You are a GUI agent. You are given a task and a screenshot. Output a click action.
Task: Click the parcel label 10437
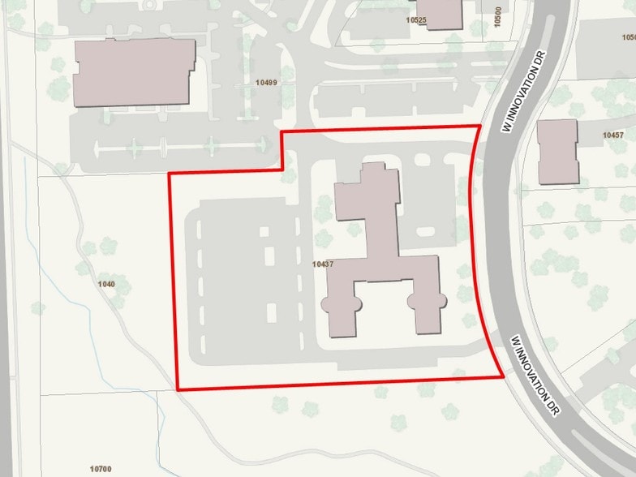point(323,264)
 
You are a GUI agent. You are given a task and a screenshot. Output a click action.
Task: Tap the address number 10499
point(265,82)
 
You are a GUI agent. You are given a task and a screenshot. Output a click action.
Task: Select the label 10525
point(416,19)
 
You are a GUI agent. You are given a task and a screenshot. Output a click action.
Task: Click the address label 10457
point(613,135)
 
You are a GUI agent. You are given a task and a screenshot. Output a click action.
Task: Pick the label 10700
point(101,469)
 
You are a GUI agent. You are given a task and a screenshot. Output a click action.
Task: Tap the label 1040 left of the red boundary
point(105,284)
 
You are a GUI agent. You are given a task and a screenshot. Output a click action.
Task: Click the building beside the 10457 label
point(557,151)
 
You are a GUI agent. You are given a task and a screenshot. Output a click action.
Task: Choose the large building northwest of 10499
point(135,71)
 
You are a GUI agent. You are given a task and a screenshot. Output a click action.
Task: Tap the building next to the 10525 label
point(443,13)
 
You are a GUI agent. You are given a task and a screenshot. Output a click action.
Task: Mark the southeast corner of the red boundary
point(504,376)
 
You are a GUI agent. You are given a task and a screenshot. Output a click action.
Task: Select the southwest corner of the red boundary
point(178,390)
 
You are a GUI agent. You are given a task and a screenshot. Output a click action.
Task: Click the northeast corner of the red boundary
point(479,126)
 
